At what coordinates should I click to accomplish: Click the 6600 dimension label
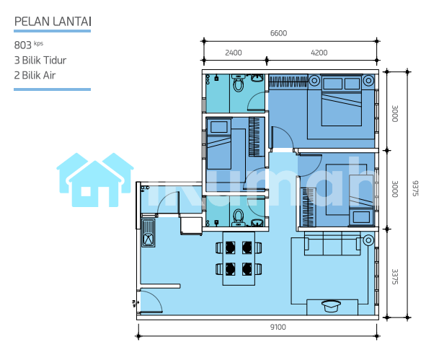pyautogui.click(x=278, y=33)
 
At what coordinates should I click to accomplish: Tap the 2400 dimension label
pyautogui.click(x=234, y=53)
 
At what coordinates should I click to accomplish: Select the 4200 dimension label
pyautogui.click(x=319, y=53)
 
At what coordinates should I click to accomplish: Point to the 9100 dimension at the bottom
pyautogui.click(x=278, y=327)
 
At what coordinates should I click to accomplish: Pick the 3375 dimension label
pyautogui.click(x=395, y=277)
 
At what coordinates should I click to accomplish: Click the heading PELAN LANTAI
pyautogui.click(x=53, y=22)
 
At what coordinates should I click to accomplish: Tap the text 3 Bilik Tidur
pyautogui.click(x=40, y=60)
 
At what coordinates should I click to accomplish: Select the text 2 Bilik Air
pyautogui.click(x=35, y=75)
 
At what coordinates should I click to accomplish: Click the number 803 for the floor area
pyautogui.click(x=23, y=45)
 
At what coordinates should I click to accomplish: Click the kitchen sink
pyautogui.click(x=148, y=233)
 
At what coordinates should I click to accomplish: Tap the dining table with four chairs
pyautogui.click(x=239, y=258)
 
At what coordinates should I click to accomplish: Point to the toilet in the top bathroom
pyautogui.click(x=239, y=83)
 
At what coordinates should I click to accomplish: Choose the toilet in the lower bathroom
pyautogui.click(x=239, y=218)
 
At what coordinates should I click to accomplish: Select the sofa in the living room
pyautogui.click(x=332, y=243)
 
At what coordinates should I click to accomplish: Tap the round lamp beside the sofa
pyautogui.click(x=368, y=240)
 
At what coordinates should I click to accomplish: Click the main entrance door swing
pyautogui.click(x=151, y=301)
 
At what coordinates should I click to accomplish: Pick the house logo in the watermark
pyautogui.click(x=95, y=180)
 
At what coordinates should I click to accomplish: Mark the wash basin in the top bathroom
pyautogui.click(x=257, y=78)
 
